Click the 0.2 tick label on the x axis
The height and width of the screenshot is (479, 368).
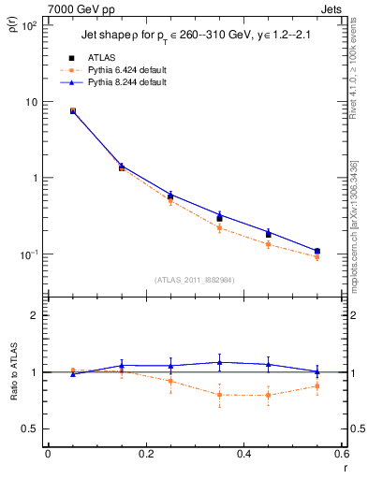click(x=145, y=454)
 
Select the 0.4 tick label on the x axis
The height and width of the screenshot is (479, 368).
click(x=243, y=454)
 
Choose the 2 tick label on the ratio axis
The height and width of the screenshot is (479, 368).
click(x=34, y=315)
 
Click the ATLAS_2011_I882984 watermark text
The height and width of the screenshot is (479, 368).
click(x=194, y=279)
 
